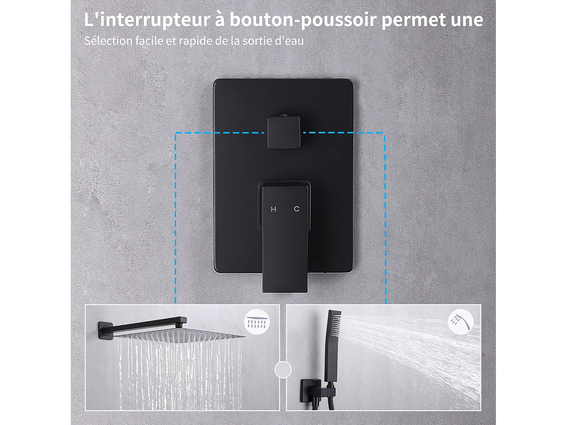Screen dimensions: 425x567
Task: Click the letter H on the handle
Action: point(273,209)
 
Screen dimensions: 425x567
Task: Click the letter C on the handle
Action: point(297,209)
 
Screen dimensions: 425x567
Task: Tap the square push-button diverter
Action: point(283,133)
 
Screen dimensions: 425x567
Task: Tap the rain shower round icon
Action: point(257,322)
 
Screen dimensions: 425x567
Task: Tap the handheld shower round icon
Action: point(460,322)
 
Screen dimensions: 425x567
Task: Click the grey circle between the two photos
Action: point(283,369)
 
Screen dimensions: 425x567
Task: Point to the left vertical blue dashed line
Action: point(175,219)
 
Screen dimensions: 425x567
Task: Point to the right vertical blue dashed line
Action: point(385,219)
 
